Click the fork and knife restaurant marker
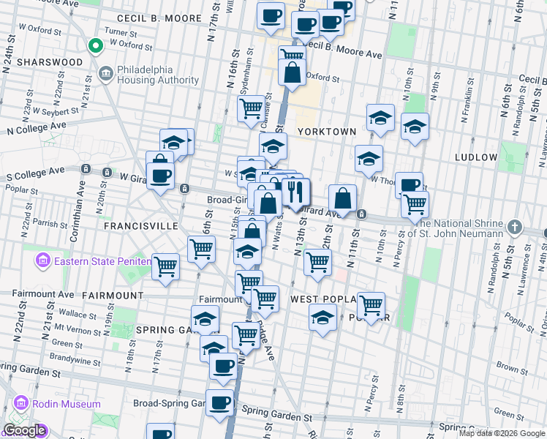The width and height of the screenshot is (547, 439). click(296, 192)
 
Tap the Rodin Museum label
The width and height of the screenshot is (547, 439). click(67, 404)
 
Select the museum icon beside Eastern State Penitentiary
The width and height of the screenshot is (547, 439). click(42, 260)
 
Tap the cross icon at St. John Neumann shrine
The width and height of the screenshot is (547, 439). click(515, 227)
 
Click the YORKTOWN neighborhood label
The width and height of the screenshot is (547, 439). click(326, 132)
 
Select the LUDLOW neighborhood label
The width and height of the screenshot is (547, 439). click(475, 157)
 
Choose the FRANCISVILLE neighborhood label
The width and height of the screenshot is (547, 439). click(140, 227)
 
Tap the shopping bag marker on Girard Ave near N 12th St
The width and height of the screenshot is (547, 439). click(342, 198)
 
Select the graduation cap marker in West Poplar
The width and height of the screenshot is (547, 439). click(321, 318)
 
